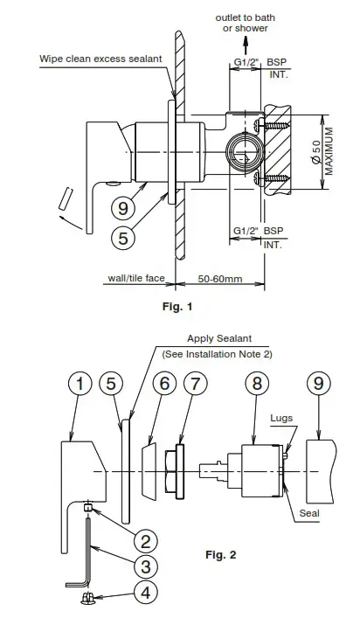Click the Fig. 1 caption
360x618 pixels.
tap(177, 306)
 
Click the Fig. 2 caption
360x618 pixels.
tap(220, 554)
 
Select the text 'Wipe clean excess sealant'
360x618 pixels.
tap(101, 59)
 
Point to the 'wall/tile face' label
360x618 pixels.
tap(135, 279)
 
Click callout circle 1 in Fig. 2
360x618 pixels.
tap(80, 385)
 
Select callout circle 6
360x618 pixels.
tap(163, 385)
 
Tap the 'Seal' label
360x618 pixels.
tap(308, 513)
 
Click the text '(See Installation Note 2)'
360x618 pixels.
tap(218, 354)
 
